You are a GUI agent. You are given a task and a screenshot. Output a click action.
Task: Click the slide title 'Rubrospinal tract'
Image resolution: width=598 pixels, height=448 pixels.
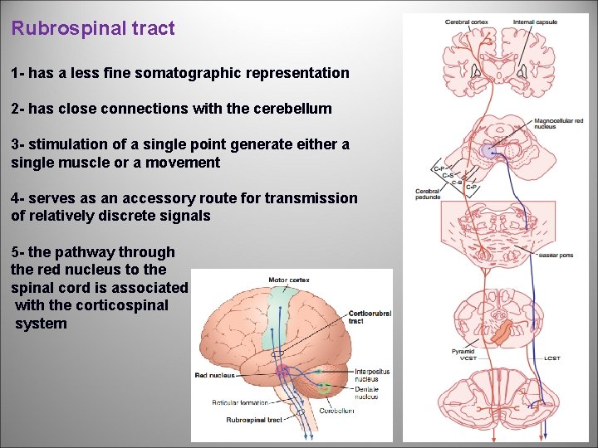[x=93, y=29]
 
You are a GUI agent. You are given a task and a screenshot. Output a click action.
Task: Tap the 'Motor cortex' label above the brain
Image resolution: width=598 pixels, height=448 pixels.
[x=288, y=280]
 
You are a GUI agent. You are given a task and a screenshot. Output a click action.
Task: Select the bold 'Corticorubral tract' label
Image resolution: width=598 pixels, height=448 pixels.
[x=370, y=317]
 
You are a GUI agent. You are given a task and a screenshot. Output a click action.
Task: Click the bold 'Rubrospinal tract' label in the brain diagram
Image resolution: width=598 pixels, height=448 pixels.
[x=254, y=421]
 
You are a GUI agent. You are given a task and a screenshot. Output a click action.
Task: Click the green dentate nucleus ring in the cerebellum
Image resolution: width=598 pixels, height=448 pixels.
[x=325, y=387]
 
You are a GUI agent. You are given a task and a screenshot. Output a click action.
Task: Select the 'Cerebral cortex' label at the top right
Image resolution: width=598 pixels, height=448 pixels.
[x=467, y=22]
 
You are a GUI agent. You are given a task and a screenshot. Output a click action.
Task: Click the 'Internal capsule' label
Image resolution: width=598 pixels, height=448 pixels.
[x=536, y=22]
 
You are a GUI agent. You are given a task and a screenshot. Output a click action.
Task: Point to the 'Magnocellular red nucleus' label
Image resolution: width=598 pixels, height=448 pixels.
[x=558, y=124]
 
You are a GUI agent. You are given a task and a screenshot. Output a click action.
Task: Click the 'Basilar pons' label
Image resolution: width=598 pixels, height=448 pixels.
[x=555, y=256]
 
